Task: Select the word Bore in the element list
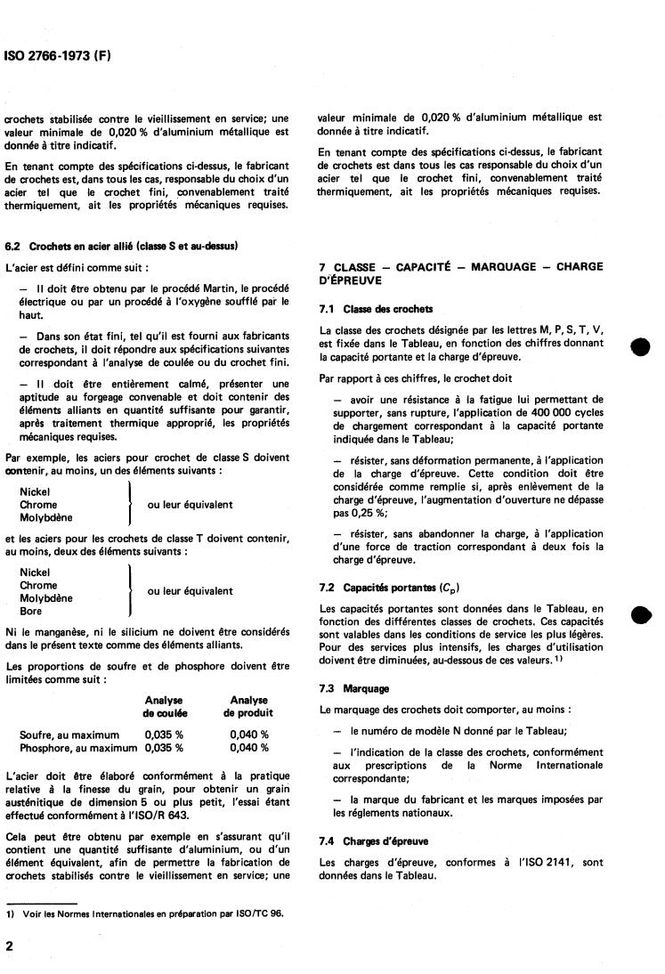31,612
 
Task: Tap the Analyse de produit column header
248,707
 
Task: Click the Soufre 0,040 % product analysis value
248,735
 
